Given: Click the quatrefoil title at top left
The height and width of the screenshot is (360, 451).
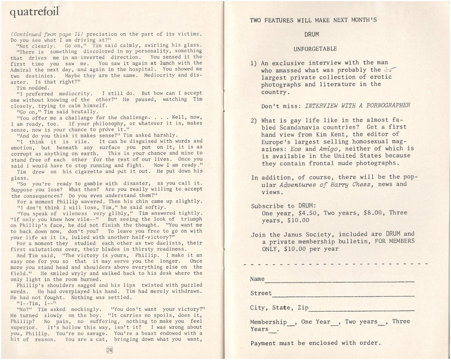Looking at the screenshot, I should tap(35, 14).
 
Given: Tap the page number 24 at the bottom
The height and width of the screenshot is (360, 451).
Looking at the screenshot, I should tap(109, 350).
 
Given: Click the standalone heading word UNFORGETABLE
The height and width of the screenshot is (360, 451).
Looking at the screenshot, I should tap(315, 49).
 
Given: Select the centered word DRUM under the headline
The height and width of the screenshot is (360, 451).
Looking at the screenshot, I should tap(311, 34).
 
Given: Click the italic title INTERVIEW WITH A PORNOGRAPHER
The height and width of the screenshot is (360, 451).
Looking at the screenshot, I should tap(357, 105).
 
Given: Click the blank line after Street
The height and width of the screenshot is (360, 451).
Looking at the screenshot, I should tap(343, 294).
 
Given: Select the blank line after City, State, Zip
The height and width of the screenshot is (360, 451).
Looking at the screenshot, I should tap(361, 309).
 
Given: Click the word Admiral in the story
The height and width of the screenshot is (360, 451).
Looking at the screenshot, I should tap(22, 69).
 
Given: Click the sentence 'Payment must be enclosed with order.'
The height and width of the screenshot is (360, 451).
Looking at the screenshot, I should tap(315, 343).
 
